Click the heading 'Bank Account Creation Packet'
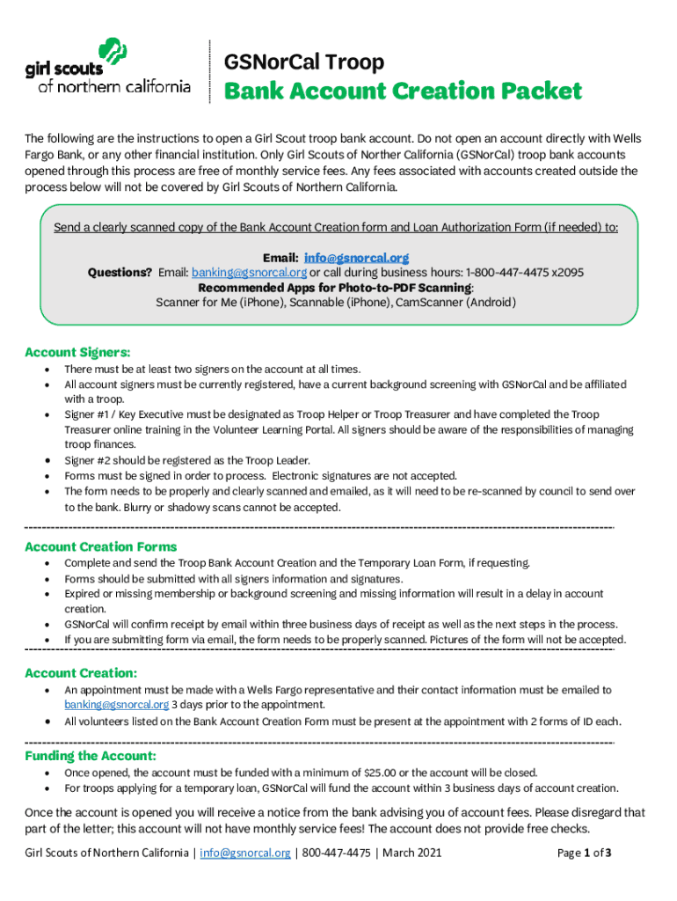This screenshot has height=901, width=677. click(x=404, y=91)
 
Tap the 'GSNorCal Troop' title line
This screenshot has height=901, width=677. click(x=304, y=62)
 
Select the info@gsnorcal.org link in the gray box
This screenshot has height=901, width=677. click(x=356, y=258)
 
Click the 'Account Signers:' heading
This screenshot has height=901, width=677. click(x=77, y=352)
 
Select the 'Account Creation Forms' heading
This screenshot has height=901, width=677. click(x=100, y=546)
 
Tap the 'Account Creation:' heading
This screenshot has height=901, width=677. click(x=81, y=673)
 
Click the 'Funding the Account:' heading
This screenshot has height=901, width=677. click(x=91, y=756)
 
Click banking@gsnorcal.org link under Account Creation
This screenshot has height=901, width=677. click(x=116, y=705)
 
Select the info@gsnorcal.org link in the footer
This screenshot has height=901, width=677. click(x=244, y=853)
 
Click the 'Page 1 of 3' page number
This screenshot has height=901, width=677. click(x=585, y=853)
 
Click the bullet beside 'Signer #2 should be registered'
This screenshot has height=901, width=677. click(x=46, y=460)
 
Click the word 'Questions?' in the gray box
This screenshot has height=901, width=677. click(x=120, y=273)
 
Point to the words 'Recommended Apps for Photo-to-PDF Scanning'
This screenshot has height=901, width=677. click(x=335, y=288)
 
